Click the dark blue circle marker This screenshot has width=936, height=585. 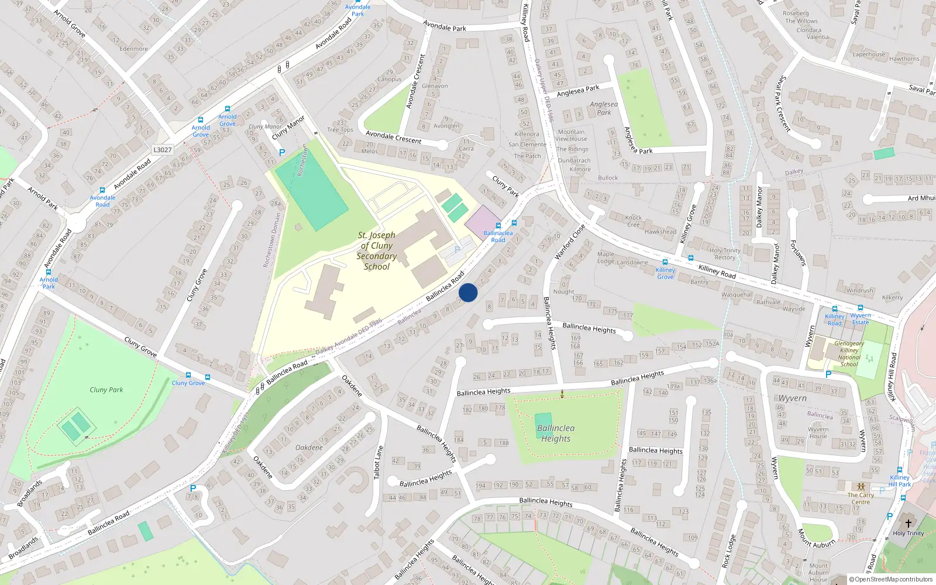click(x=468, y=292)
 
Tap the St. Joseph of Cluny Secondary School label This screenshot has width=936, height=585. click(x=377, y=251)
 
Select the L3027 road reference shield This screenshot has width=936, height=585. click(x=163, y=150)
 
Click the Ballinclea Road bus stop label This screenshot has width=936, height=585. click(x=498, y=236)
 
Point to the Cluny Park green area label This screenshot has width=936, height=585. click(x=106, y=390)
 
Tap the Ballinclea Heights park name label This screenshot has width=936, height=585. click(x=556, y=433)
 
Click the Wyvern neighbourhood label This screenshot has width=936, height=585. click(x=793, y=398)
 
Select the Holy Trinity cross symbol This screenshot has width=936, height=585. click(x=908, y=524)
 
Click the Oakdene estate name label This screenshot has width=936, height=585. click(x=309, y=448)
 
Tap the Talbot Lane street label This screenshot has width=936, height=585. click(x=378, y=462)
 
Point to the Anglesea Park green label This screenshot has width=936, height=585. click(x=604, y=108)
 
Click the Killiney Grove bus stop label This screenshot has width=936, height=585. click(x=665, y=273)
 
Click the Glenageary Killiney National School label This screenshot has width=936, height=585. click(x=849, y=354)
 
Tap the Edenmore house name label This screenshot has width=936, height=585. click(x=133, y=49)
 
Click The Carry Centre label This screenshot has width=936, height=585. click(x=861, y=498)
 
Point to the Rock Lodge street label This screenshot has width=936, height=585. click(x=728, y=550)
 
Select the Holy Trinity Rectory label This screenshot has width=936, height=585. click(x=725, y=254)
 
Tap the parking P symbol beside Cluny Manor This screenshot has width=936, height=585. click(x=282, y=153)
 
